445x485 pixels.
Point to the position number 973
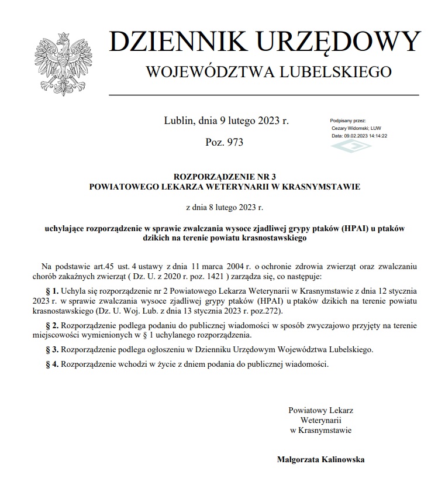(234, 142)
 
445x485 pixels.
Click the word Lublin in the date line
(178, 121)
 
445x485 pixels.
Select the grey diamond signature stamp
(351, 146)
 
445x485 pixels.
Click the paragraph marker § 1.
(53, 291)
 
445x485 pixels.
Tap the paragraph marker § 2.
(53, 325)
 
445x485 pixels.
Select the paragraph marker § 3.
(53, 349)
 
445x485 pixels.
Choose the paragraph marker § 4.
(53, 364)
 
